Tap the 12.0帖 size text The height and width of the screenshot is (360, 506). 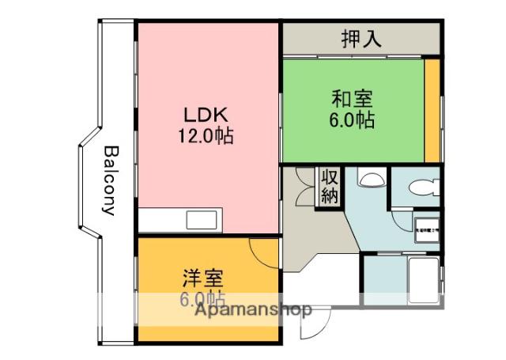point(205,135)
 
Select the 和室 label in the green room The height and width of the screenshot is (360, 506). point(353,100)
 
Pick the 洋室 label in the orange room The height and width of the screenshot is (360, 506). point(203,279)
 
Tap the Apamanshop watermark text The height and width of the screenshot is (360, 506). point(253,309)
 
